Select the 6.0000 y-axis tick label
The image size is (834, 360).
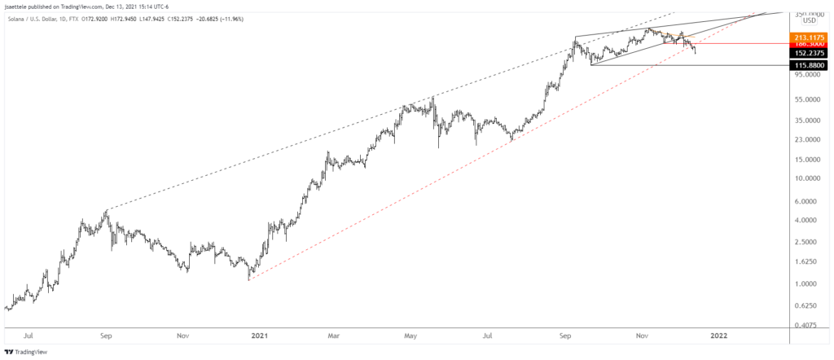(806, 201)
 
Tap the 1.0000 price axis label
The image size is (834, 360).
(806, 283)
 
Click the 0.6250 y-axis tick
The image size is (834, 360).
(806, 305)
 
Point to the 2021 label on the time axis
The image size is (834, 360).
(260, 334)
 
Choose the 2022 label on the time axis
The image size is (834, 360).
(718, 334)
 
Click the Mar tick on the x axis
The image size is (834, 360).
(334, 334)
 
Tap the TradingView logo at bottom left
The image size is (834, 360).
(29, 351)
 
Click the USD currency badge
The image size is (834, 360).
(809, 20)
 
